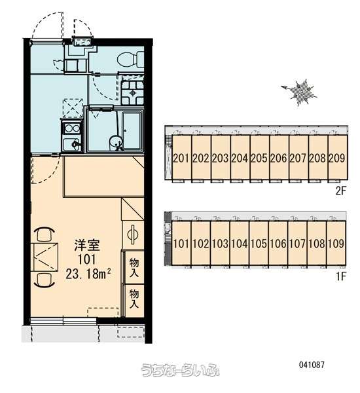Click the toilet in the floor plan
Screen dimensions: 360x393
(130, 60)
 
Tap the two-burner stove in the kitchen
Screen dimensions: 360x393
(71, 128)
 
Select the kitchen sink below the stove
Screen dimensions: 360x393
(71, 144)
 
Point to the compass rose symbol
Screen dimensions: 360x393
(300, 92)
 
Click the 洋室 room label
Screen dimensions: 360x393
(86, 246)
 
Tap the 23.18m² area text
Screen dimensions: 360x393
(88, 274)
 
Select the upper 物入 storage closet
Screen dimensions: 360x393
(134, 267)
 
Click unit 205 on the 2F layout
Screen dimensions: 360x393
(259, 158)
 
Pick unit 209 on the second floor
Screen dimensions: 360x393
(337, 158)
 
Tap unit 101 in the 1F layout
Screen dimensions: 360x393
(181, 244)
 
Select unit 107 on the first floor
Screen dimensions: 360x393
(297, 244)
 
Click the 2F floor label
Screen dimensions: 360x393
(340, 191)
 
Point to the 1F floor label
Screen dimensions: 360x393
(341, 276)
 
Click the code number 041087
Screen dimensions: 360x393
(312, 364)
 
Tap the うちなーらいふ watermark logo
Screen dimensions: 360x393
(180, 370)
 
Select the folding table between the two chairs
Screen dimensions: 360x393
(45, 257)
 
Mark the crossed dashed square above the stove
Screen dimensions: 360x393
(73, 108)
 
